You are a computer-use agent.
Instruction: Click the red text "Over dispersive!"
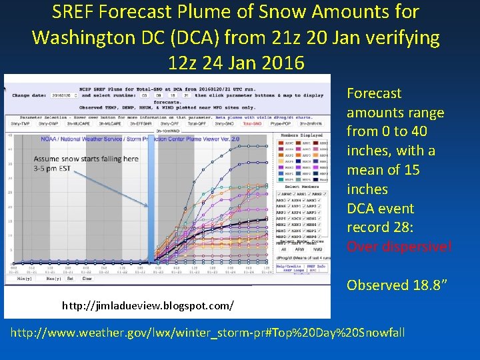tap(399, 247)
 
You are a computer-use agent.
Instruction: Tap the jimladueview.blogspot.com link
tap(147, 305)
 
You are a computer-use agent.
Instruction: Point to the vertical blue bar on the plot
tap(151, 200)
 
